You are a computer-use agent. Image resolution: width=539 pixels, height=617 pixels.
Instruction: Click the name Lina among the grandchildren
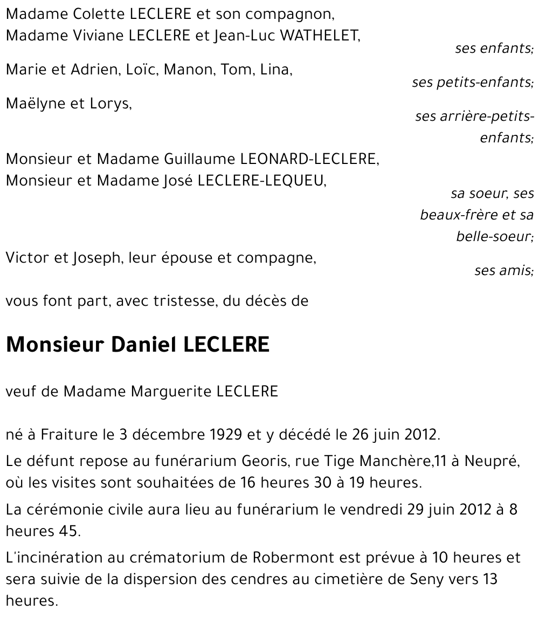click(x=275, y=70)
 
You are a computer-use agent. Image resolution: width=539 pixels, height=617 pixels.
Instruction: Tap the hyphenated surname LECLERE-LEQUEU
click(x=261, y=181)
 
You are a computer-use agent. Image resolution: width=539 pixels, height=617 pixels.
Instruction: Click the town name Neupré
click(x=496, y=462)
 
